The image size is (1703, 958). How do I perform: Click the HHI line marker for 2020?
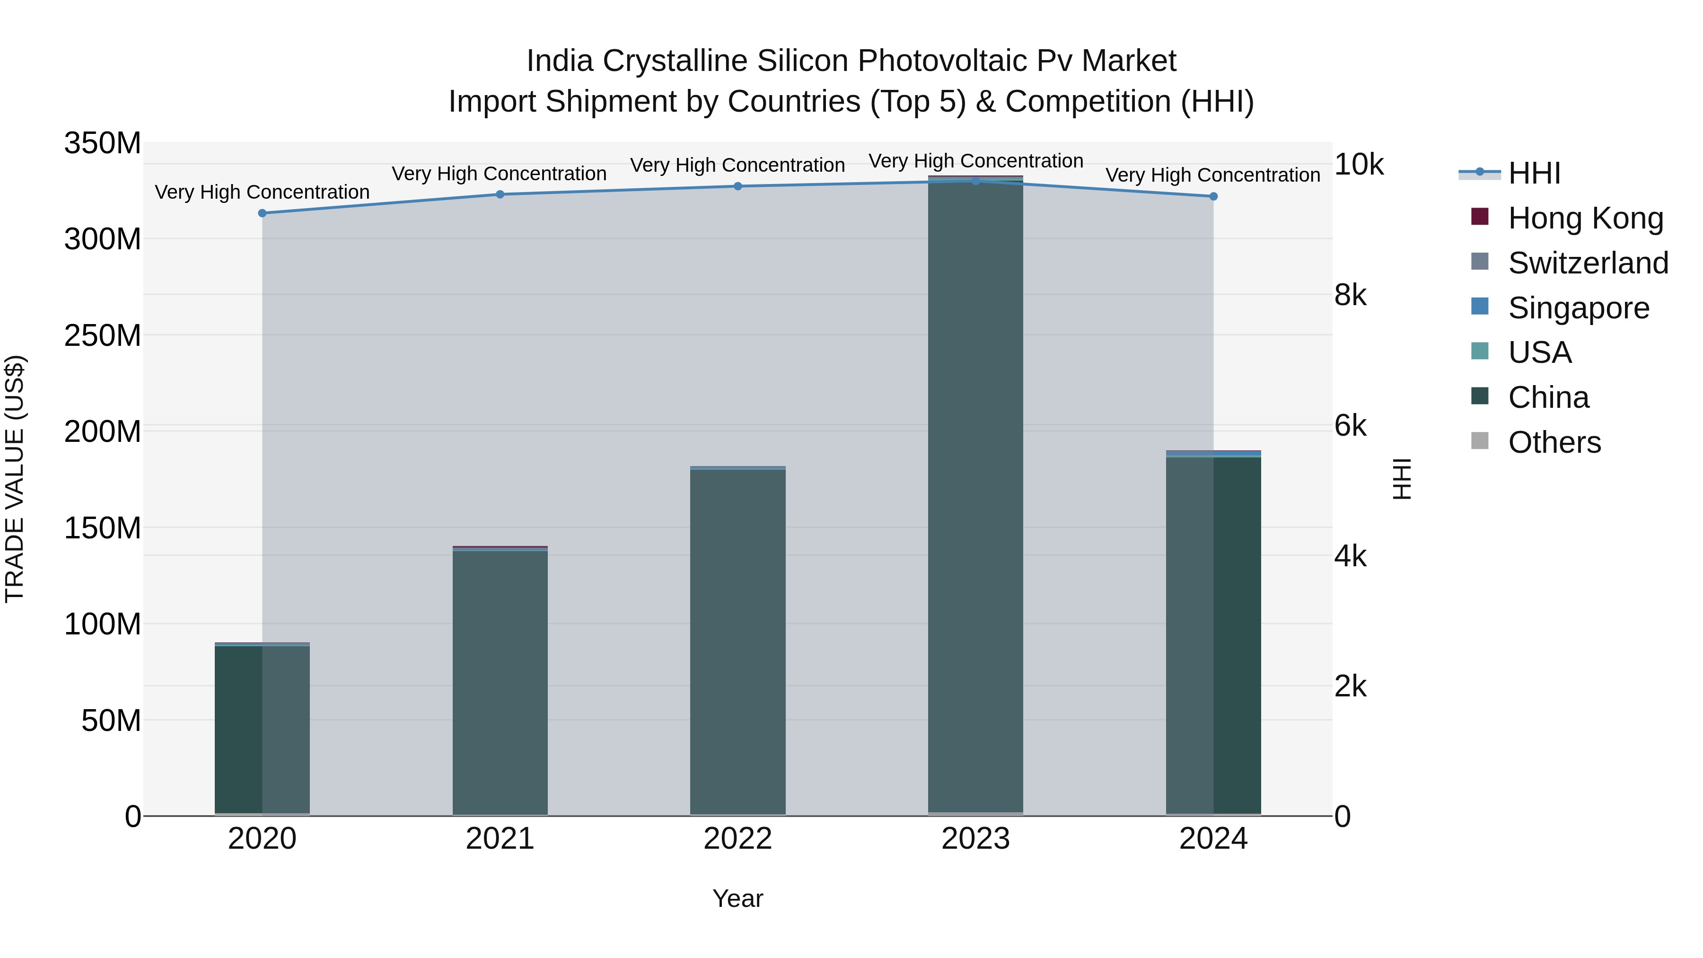(263, 213)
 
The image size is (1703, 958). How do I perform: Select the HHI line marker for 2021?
(500, 194)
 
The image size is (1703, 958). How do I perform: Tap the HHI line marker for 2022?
(738, 186)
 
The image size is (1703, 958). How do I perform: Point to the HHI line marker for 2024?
(1213, 196)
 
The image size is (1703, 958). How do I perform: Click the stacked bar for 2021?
(500, 681)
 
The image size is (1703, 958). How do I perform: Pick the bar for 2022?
(738, 642)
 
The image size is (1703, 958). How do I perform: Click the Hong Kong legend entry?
(1585, 218)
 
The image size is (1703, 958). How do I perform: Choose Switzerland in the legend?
(1588, 263)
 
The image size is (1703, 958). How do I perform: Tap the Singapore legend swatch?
(1480, 307)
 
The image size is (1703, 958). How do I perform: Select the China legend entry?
(1548, 397)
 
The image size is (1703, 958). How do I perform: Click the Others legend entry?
(1554, 442)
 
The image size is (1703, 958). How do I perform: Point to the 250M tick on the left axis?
(103, 336)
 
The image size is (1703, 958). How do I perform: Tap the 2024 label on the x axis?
(1213, 839)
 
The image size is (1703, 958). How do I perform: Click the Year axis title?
(738, 898)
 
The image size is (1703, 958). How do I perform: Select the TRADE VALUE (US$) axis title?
(15, 479)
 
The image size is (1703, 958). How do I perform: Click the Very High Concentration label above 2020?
(263, 193)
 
